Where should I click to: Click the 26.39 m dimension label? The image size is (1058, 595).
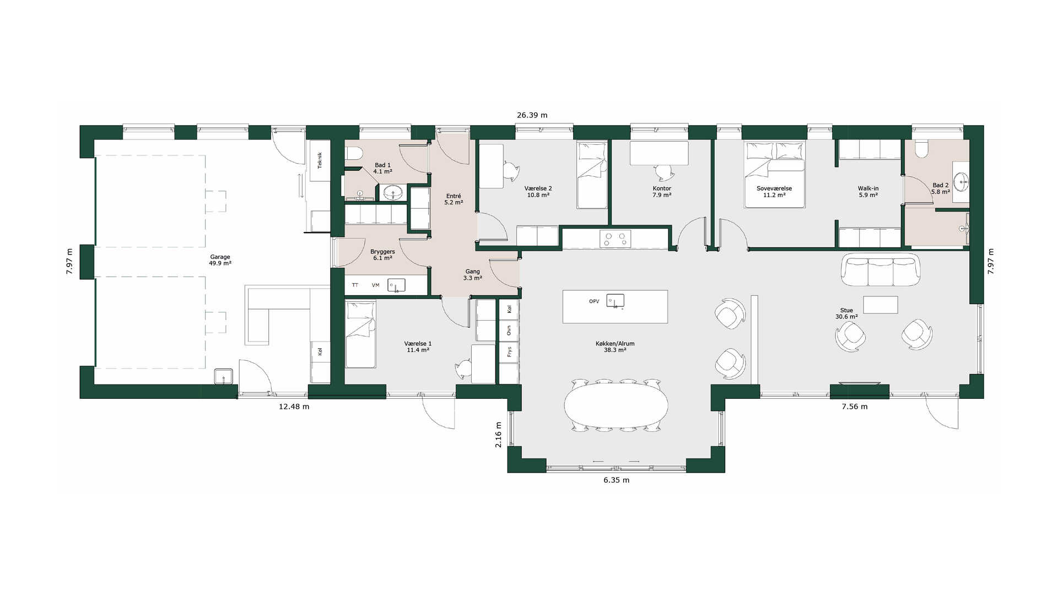coord(532,115)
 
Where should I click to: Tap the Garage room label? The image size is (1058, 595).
coord(220,257)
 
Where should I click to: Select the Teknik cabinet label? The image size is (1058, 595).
coord(320,160)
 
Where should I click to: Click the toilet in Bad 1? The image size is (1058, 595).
coord(352,155)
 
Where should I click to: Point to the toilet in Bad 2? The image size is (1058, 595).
coord(921,148)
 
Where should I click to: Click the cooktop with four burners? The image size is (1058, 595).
coord(615,239)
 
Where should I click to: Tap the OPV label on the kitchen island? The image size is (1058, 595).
coord(594,301)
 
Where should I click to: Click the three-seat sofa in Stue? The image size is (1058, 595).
coord(881,270)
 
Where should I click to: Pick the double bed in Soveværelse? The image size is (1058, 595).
coord(774,174)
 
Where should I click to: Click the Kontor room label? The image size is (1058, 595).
coord(662,188)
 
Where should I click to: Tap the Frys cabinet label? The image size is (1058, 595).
coord(510,351)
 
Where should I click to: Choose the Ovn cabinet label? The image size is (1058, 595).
coord(509,330)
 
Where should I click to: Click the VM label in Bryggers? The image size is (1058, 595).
coord(375,285)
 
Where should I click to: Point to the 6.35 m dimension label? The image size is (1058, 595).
coord(616,480)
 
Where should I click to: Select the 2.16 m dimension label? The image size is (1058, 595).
coord(499,434)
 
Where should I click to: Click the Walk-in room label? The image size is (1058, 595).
coord(868,188)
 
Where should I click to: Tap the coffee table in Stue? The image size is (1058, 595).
coord(881,305)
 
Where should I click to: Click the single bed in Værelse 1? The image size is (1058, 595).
coord(360,334)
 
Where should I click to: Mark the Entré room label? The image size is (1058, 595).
coord(454,196)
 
